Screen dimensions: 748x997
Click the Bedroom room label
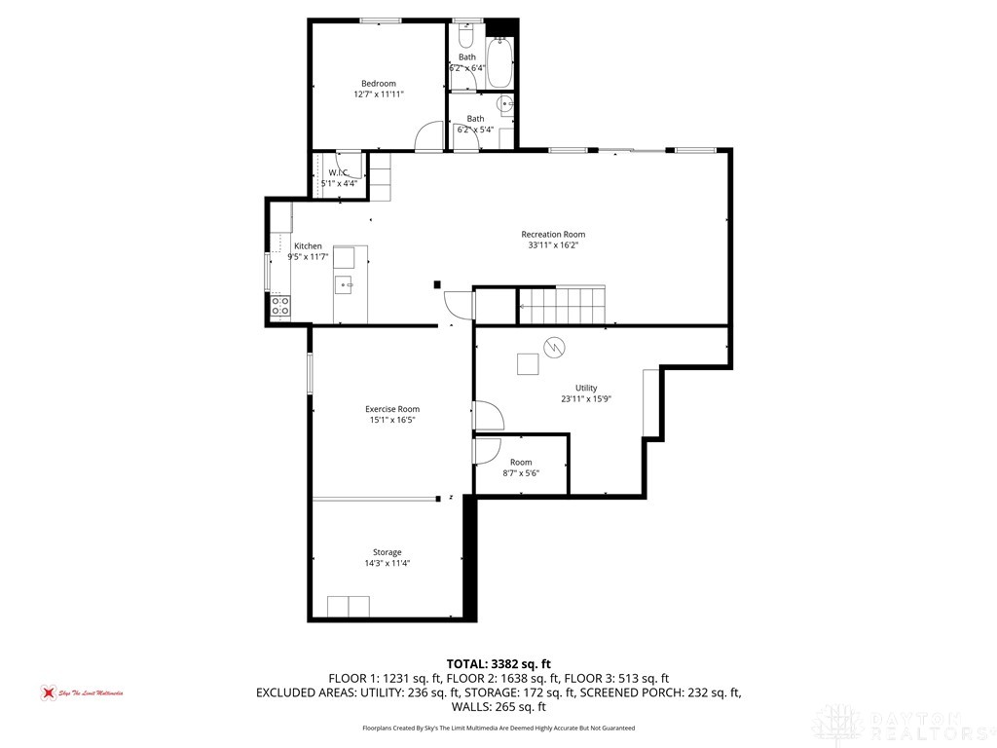tap(379, 84)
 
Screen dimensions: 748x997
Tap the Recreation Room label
tap(553, 234)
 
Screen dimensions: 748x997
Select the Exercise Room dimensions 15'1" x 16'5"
tap(392, 420)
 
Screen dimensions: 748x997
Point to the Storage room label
tap(387, 552)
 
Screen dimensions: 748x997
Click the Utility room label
tap(585, 388)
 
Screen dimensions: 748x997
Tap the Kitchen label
tap(308, 246)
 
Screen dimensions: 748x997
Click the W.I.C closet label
tap(338, 172)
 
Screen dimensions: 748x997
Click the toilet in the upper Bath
tap(465, 36)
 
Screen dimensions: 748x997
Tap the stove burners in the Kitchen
tap(279, 308)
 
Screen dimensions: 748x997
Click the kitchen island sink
tap(344, 284)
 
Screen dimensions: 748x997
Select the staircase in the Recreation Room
tap(563, 305)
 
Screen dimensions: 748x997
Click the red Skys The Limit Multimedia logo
tap(45, 692)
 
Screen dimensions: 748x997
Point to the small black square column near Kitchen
tap(436, 284)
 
